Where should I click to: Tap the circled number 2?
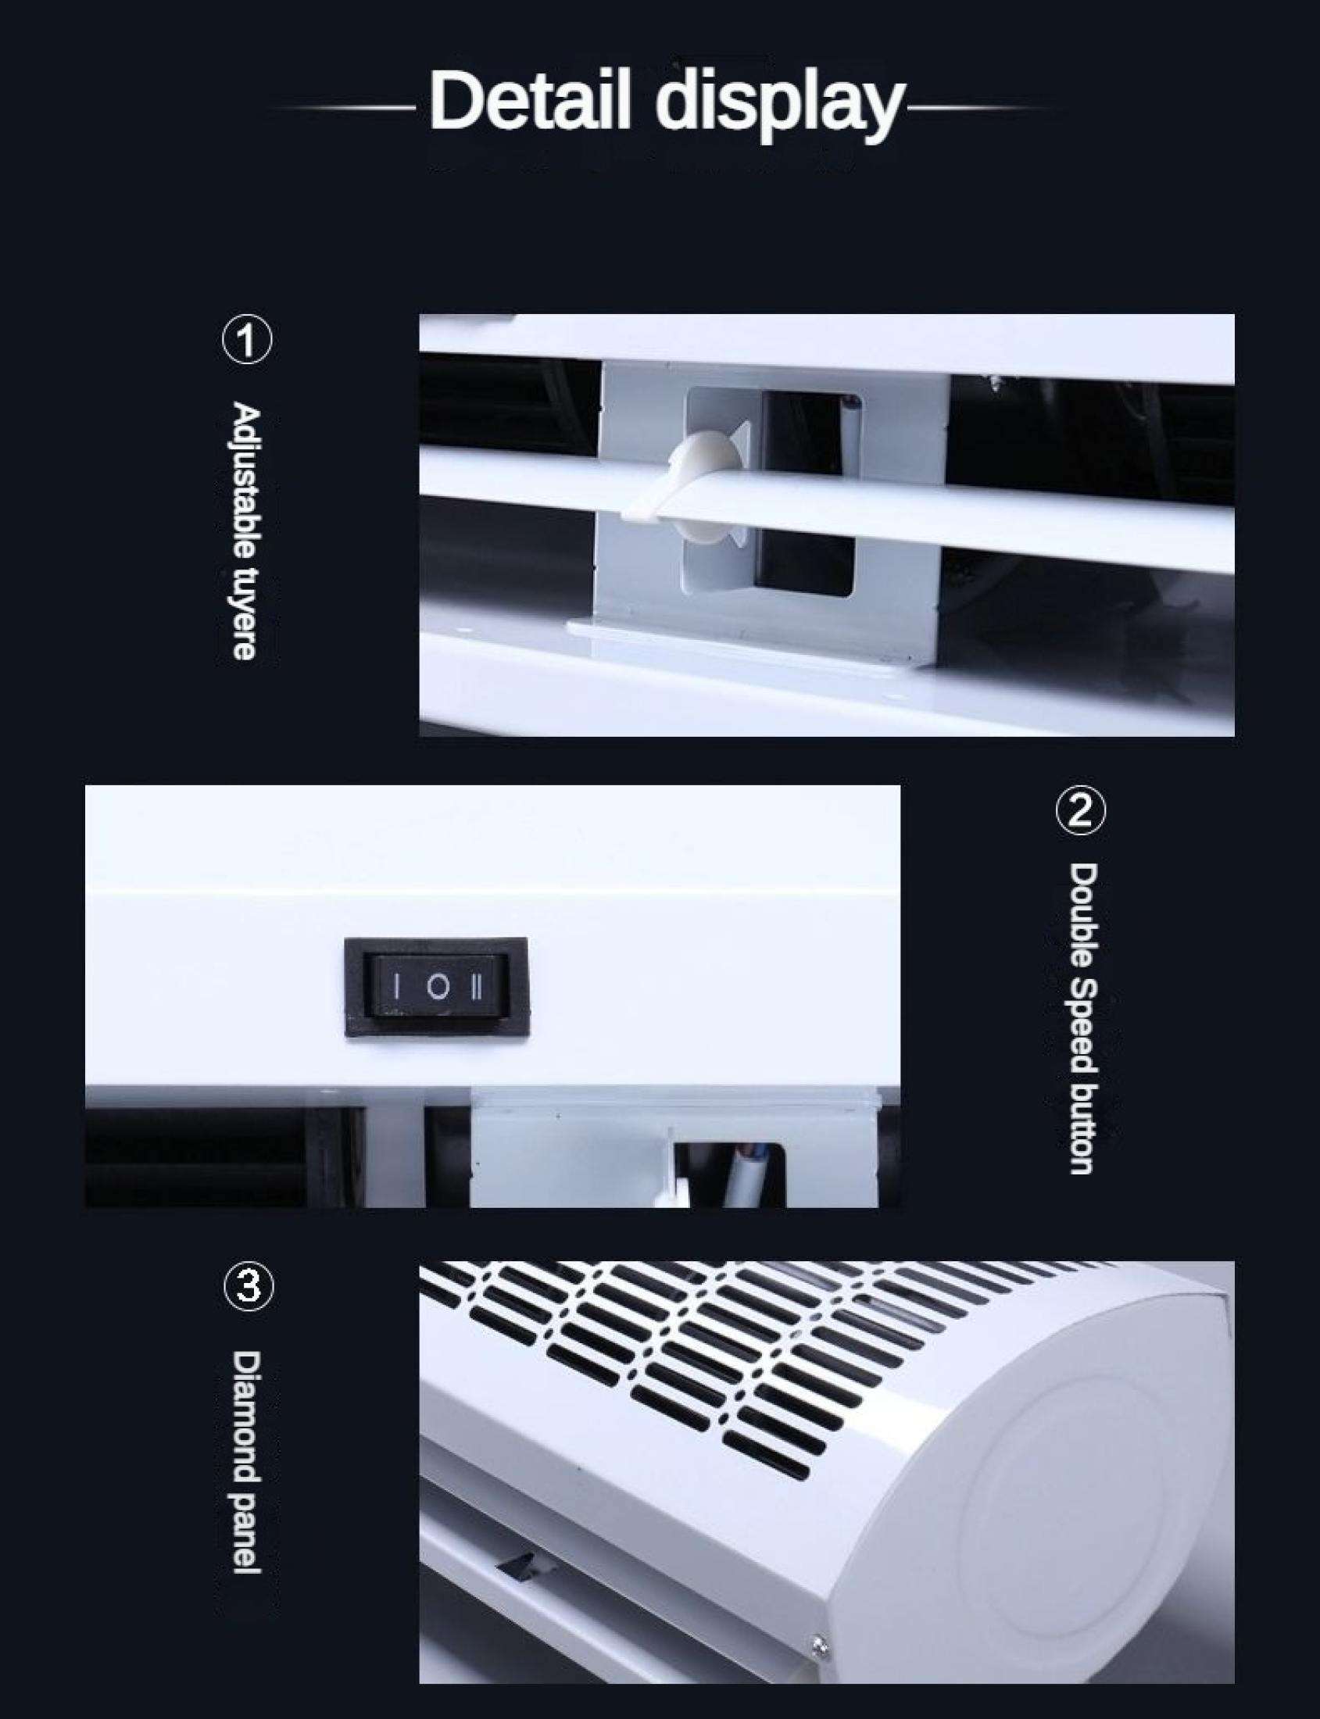1080,811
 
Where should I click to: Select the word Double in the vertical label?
1082,916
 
